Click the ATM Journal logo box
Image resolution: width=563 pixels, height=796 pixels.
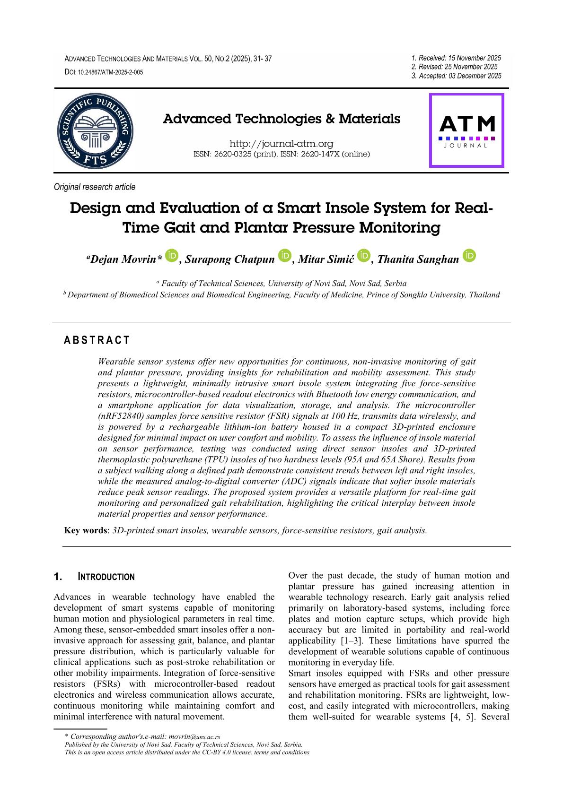[466, 130]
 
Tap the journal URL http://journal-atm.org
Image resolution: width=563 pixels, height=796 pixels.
[281, 144]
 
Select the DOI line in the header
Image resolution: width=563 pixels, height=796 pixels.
[104, 72]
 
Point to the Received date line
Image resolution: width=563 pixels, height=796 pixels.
[456, 58]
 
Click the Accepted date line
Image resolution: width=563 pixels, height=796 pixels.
[457, 76]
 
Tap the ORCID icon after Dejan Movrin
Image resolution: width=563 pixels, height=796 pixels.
[171, 256]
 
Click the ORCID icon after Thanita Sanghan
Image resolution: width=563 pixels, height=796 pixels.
[469, 256]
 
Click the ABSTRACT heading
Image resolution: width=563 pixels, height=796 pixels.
[97, 340]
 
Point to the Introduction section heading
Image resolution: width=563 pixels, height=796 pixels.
[106, 577]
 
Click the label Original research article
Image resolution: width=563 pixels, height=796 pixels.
[95, 187]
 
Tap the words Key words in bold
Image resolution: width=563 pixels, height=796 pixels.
[86, 530]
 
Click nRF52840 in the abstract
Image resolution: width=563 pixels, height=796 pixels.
[121, 416]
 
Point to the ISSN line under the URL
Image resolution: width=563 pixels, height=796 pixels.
[282, 154]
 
